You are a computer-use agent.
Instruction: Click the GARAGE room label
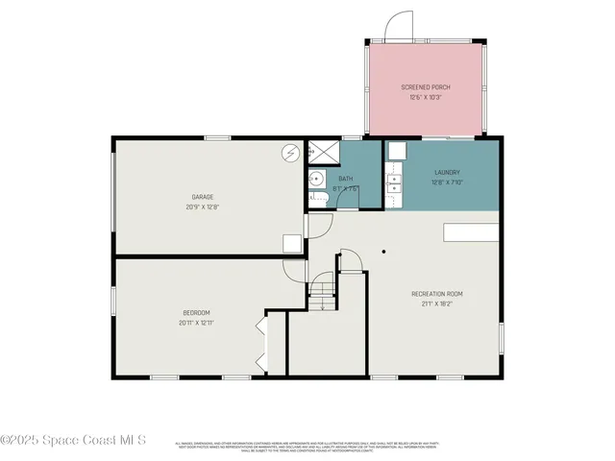click(x=201, y=196)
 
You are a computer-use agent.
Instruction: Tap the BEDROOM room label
click(x=196, y=312)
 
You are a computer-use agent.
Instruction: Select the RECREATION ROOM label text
click(x=437, y=293)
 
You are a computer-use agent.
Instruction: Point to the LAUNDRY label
click(x=448, y=173)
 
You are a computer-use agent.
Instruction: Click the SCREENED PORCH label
click(x=426, y=87)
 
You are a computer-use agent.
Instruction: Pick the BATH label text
click(x=345, y=178)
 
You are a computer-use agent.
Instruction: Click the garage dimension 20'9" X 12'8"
click(x=201, y=206)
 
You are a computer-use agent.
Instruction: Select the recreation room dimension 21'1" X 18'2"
click(x=437, y=303)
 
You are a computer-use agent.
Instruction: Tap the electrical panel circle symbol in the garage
click(x=289, y=153)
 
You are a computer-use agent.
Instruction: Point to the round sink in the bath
click(x=315, y=180)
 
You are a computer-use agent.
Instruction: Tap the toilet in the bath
click(x=316, y=199)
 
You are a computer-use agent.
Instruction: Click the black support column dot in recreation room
click(x=382, y=252)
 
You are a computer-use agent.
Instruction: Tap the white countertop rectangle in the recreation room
click(x=470, y=232)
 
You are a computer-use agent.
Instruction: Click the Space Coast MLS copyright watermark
click(x=73, y=441)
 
